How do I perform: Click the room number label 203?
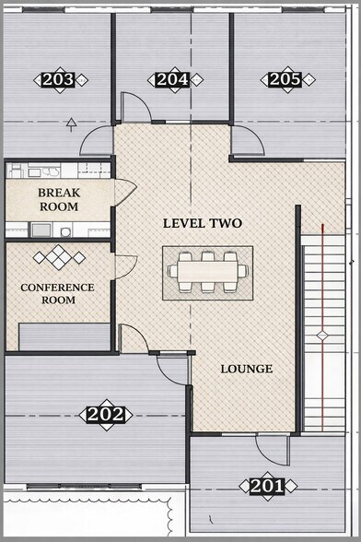[59, 80]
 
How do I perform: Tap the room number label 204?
[173, 79]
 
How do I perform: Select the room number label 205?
[285, 79]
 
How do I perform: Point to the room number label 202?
[105, 414]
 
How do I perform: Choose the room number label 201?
[267, 485]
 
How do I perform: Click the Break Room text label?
[58, 200]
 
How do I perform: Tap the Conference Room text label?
[57, 294]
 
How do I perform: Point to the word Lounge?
[246, 369]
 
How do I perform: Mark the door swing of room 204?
[135, 108]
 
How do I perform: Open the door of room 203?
[97, 142]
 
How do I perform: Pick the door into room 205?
[246, 141]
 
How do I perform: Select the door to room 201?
[270, 449]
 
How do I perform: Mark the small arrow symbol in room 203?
[72, 121]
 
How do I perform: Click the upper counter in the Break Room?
[57, 171]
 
